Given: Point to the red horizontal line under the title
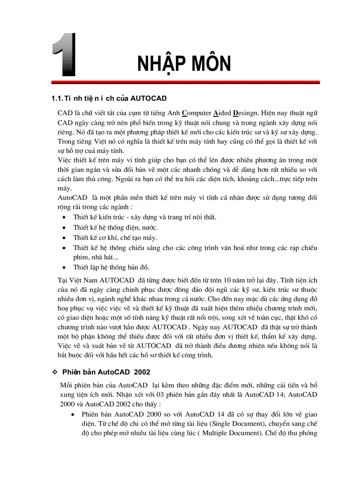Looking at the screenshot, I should (185, 82).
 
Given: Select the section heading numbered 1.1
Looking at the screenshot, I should (109, 98).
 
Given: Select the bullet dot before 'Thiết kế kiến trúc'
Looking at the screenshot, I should (64, 217).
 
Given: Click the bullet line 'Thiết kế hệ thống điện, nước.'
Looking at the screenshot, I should (116, 227).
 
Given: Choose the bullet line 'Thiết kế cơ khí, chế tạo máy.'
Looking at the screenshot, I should (115, 238).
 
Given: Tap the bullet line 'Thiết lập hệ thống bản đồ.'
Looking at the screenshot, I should (111, 267).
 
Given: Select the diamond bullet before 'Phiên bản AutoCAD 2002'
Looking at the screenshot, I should (55, 372).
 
